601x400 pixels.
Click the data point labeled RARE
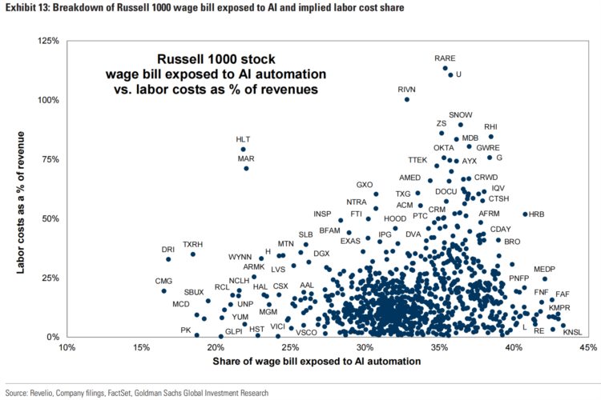[446, 68]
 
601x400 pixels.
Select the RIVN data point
[407, 99]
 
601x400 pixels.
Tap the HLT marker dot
[243, 149]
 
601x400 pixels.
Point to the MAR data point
[246, 168]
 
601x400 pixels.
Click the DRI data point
[168, 259]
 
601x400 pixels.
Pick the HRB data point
[525, 214]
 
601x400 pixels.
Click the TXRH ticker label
[192, 245]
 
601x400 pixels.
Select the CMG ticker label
[163, 281]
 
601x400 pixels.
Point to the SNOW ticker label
[461, 115]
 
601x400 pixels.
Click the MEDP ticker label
[544, 269]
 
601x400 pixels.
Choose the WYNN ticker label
[240, 257]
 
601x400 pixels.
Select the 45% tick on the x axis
[587, 348]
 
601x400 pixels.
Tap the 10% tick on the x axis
[67, 348]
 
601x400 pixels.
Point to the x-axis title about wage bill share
[317, 362]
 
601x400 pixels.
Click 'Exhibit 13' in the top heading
[26, 9]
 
